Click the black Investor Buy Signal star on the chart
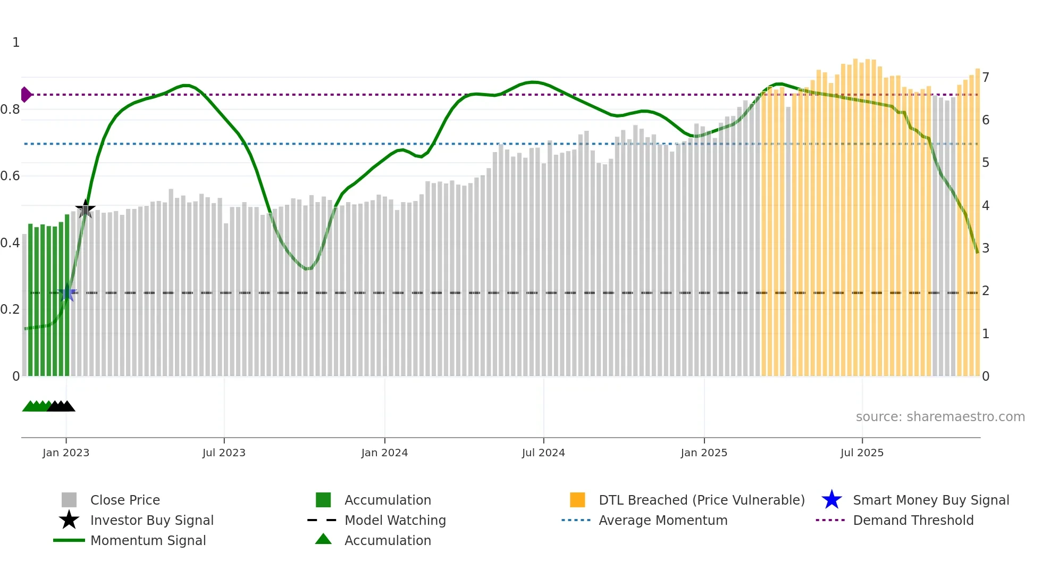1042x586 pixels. [85, 209]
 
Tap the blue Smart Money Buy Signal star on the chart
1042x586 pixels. [68, 293]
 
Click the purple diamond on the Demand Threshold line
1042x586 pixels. [26, 95]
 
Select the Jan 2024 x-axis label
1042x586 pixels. [384, 453]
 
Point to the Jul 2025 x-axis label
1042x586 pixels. [862, 453]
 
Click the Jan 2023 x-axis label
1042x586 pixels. [66, 453]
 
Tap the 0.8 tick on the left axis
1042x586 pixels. [11, 110]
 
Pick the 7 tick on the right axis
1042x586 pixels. [985, 78]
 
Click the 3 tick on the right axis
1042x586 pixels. [985, 248]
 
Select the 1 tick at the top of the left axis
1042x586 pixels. [16, 43]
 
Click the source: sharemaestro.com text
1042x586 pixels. [940, 417]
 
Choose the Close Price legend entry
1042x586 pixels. [125, 500]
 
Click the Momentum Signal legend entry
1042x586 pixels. [148, 540]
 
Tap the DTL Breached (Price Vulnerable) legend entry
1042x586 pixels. [701, 500]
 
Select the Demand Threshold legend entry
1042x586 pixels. [913, 520]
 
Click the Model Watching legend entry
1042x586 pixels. [395, 520]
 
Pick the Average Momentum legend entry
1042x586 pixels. [663, 520]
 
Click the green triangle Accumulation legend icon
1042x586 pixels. [323, 539]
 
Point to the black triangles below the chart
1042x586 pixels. [61, 406]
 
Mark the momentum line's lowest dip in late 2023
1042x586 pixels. [308, 269]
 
